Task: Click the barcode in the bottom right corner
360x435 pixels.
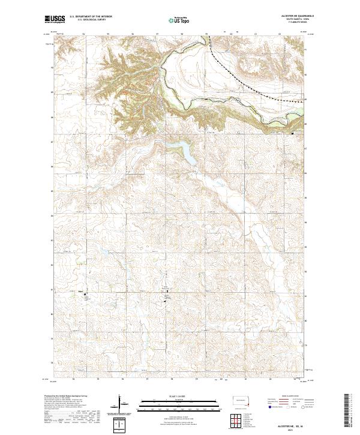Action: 349,411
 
